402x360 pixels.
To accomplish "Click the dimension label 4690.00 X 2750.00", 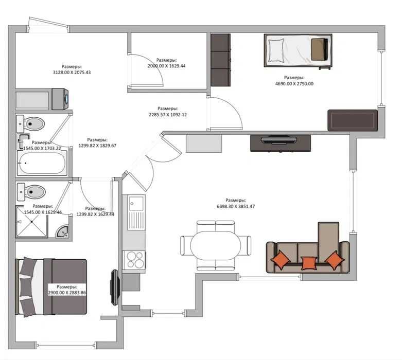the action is (294, 84).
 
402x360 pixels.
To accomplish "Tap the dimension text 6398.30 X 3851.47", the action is (236, 206).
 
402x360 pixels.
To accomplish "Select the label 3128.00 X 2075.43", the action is (72, 73).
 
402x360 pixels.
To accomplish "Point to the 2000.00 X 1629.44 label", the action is (166, 66).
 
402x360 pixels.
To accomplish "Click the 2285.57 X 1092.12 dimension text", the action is (168, 115).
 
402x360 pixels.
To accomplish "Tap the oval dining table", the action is (215, 245).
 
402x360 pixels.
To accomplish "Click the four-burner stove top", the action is (134, 260).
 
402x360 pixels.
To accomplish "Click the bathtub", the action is (42, 163).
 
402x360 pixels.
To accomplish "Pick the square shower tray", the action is (32, 222).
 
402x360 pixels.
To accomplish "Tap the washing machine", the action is (60, 99).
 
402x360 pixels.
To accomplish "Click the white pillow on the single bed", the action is (276, 50).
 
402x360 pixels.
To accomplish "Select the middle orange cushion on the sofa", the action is (309, 263).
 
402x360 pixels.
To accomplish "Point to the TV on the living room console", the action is (278, 140).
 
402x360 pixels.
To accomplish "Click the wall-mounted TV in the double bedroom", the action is (115, 287).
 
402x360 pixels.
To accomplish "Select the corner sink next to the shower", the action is (63, 231).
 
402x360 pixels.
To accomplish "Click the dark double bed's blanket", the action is (65, 287).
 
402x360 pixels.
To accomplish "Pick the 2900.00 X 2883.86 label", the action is (67, 293).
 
